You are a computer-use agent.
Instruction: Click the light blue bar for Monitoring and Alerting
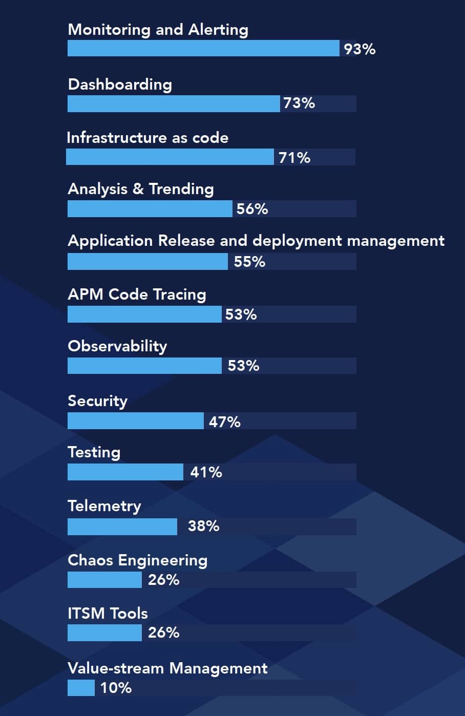pos(203,48)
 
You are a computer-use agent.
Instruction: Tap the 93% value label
pos(360,49)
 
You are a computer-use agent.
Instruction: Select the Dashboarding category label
pos(120,85)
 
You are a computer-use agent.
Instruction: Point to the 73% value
pos(299,103)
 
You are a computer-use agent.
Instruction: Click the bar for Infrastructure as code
pos(170,157)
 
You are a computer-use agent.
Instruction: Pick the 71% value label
pos(294,157)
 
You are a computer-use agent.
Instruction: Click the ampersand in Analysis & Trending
pos(138,189)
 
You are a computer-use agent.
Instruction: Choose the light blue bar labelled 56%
pos(150,209)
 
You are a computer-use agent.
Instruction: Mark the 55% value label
pos(249,262)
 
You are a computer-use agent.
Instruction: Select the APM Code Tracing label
pos(137,294)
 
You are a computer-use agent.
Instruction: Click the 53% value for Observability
pos(243,366)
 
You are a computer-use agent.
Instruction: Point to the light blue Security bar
pos(135,421)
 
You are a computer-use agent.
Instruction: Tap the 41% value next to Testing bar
pos(206,472)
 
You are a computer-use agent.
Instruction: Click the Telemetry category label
pos(104,506)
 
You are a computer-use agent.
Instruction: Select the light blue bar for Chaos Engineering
pos(104,580)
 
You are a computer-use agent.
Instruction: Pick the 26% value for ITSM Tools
pos(163,633)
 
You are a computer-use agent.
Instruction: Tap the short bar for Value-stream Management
pos(81,688)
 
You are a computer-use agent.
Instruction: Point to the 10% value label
pos(116,688)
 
